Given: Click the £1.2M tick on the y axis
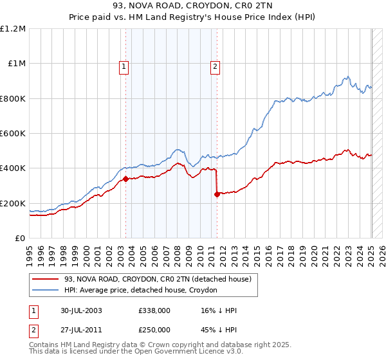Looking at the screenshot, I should click(x=13, y=28).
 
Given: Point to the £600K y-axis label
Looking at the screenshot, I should click(x=13, y=133).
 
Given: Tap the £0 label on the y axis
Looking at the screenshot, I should click(x=19, y=238).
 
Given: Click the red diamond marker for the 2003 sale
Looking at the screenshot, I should click(x=125, y=179).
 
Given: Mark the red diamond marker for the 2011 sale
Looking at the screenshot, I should click(x=217, y=195).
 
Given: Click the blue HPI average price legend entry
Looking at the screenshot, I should click(x=141, y=290).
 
